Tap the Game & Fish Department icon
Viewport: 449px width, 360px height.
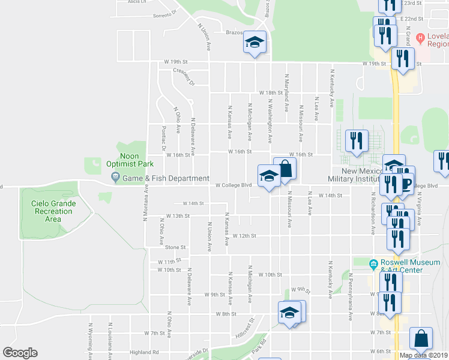point(115,178)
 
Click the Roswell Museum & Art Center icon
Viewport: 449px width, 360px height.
point(373,263)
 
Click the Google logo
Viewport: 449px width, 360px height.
point(20,352)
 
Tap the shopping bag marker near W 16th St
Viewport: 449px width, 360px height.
point(285,169)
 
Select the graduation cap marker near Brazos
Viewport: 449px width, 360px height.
point(255,43)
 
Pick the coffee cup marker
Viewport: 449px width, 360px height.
point(405,184)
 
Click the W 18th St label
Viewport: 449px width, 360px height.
point(271,93)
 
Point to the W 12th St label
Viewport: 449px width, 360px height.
point(244,236)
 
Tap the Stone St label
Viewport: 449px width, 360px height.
point(176,247)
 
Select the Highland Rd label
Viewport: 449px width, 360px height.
point(146,352)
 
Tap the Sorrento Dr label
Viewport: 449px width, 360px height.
point(166,14)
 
